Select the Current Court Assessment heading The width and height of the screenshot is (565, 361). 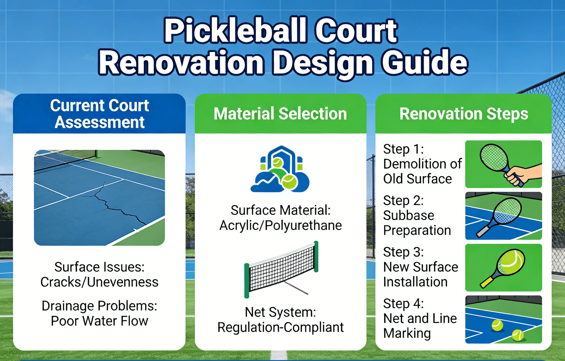(100, 114)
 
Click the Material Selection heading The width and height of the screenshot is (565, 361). (280, 114)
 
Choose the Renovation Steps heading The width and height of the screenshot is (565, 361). (464, 114)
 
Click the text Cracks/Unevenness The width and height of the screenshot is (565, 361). (99, 282)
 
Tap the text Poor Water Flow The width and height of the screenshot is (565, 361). (100, 321)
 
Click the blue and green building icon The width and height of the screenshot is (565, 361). (280, 169)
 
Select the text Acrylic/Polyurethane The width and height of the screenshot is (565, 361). (281, 225)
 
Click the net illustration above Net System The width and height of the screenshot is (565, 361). (281, 270)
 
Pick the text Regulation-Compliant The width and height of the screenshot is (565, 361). (281, 327)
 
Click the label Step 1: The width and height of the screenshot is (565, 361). (403, 149)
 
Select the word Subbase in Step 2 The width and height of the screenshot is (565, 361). (409, 215)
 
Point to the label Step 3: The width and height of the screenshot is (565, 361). (403, 252)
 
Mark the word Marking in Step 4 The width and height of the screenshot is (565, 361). (407, 333)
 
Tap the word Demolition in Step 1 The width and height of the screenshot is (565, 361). (415, 164)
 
